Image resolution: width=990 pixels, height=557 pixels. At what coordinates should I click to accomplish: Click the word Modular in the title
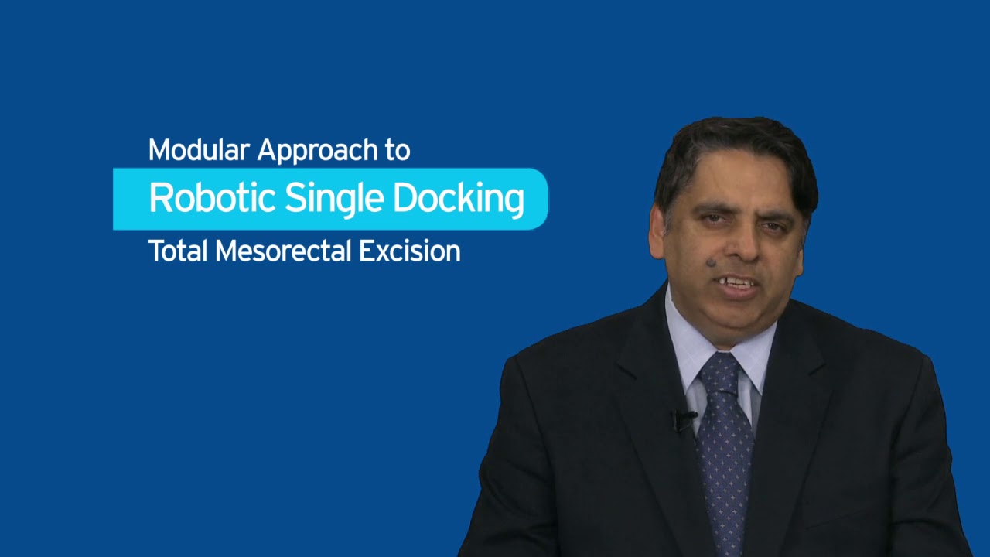tap(199, 150)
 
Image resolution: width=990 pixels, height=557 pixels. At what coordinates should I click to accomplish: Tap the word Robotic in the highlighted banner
tap(212, 198)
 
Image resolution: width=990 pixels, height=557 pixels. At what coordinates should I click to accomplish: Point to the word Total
tap(178, 251)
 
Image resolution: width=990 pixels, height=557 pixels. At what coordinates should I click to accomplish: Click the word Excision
tap(410, 251)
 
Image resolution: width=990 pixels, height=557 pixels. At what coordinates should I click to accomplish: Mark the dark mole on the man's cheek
tap(711, 263)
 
